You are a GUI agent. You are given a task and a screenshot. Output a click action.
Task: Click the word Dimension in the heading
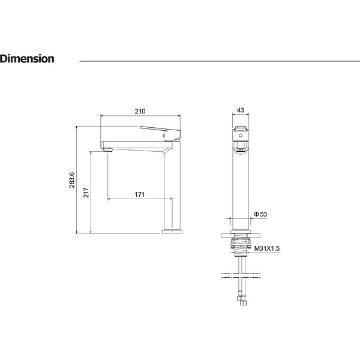(x=27, y=59)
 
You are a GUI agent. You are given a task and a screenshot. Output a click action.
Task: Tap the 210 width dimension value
(x=140, y=112)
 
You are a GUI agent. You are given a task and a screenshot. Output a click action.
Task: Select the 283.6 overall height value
(x=72, y=180)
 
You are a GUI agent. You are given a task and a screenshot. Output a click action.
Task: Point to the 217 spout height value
(x=86, y=193)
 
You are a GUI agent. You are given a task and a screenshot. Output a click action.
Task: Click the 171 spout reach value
(x=140, y=194)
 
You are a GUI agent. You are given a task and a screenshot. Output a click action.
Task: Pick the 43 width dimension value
(x=241, y=110)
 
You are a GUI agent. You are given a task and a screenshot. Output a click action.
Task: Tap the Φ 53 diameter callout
(x=260, y=214)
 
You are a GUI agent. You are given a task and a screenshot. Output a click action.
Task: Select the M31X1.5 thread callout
(x=267, y=248)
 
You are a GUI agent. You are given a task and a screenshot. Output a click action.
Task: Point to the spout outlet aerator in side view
(x=107, y=150)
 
